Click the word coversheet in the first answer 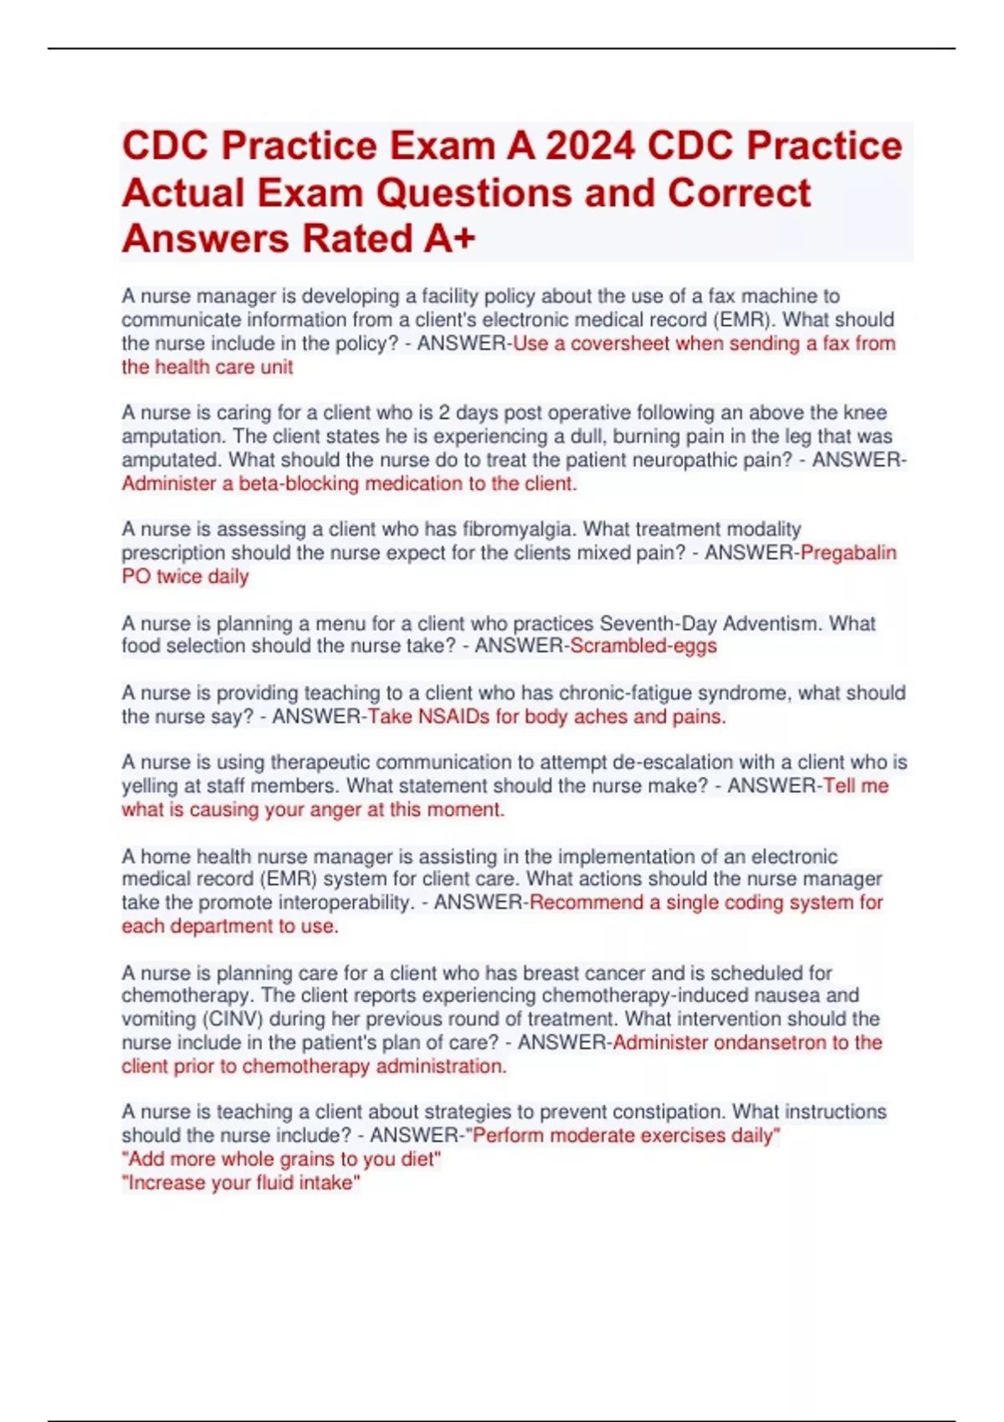(x=620, y=343)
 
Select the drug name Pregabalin (x=848, y=553)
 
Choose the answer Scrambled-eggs (x=643, y=646)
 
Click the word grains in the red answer (x=298, y=1159)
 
